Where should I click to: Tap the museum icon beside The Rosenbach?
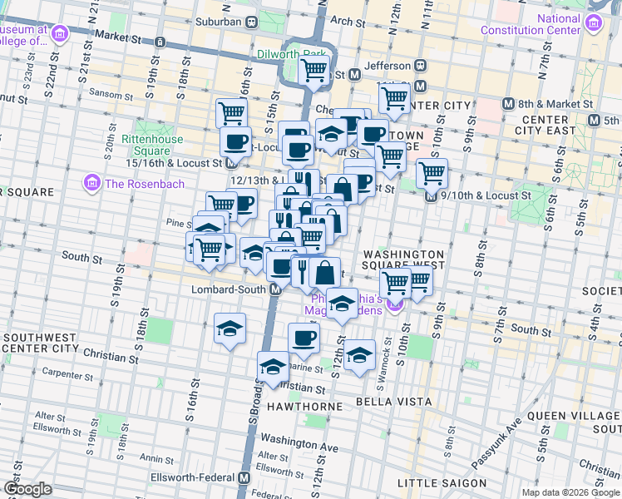pos(91,182)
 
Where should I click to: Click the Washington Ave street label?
pos(299,442)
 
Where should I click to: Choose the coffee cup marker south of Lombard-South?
pos(304,338)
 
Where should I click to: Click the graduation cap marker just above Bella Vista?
pos(358,356)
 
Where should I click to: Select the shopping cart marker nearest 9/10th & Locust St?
pos(432,175)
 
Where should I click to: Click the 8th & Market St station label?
pos(555,105)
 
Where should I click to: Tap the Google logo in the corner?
pos(27,488)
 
